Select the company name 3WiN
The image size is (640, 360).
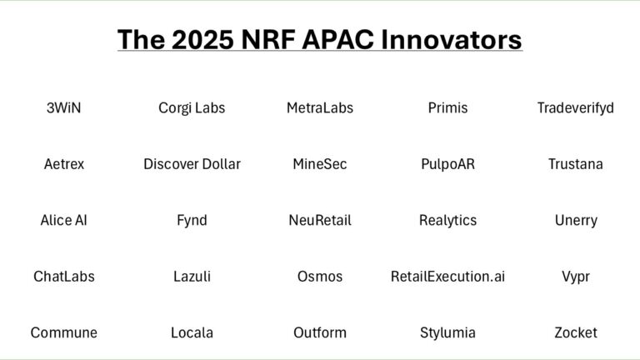point(63,107)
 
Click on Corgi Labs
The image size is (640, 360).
point(192,107)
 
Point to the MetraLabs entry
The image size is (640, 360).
point(320,107)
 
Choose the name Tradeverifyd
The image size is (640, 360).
point(576,107)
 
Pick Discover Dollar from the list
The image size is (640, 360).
point(192,163)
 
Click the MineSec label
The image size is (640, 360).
point(320,163)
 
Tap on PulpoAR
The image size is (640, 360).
point(447,163)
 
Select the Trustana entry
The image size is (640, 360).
point(576,163)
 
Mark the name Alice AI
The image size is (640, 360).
point(63,220)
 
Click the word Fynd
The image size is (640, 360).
point(192,220)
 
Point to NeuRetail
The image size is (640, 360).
point(320,220)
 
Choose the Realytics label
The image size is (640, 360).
point(447,220)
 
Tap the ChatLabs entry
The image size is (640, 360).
point(63,276)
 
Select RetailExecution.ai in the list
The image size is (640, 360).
point(447,276)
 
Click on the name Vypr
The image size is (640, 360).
point(576,276)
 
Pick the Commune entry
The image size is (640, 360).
point(63,332)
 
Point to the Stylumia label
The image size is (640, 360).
point(447,332)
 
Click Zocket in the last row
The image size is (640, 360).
point(576,332)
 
